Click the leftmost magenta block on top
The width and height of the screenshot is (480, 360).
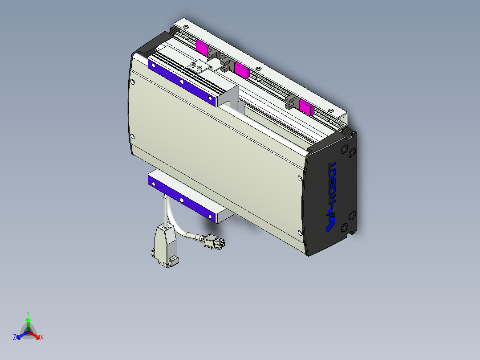[x=202, y=47]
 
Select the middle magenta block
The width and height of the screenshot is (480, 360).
[x=241, y=70]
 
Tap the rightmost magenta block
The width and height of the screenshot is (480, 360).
[x=306, y=106]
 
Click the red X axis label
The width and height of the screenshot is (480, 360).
[x=42, y=337]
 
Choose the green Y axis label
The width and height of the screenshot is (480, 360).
[x=28, y=313]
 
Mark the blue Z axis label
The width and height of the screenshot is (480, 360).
[x=15, y=338]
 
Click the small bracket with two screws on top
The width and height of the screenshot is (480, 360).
[x=198, y=67]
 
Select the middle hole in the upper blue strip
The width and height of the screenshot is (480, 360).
[x=182, y=82]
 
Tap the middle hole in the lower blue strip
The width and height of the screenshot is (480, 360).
[x=182, y=199]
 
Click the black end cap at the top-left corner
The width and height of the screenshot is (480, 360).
[x=151, y=45]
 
